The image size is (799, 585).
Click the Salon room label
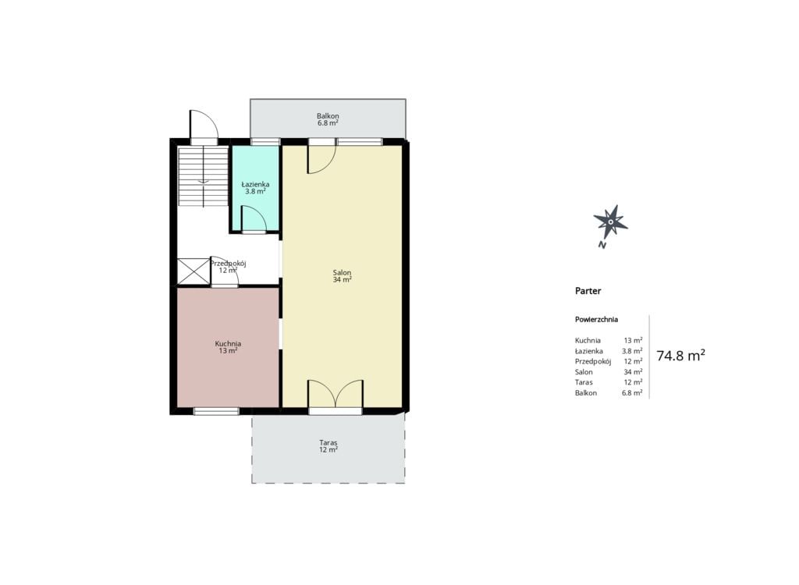(x=342, y=273)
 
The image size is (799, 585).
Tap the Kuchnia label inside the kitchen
(x=228, y=344)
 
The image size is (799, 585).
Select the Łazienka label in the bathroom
(x=255, y=184)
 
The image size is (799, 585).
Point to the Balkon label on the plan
(x=328, y=116)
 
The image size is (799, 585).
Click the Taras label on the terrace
(x=328, y=443)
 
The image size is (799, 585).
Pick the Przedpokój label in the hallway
(x=229, y=264)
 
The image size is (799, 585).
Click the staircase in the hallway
(x=203, y=176)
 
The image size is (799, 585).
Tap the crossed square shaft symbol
(x=194, y=271)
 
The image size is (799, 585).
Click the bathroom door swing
(x=254, y=218)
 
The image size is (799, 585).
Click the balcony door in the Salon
(x=321, y=159)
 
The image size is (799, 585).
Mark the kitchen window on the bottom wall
(x=217, y=411)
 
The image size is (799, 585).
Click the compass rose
(x=610, y=223)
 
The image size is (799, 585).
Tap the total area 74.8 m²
(x=680, y=355)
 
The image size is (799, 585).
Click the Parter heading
(x=588, y=291)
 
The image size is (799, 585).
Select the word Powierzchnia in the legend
(x=596, y=320)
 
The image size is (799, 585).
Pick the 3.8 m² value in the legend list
(x=632, y=350)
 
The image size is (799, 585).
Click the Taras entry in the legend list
(x=584, y=382)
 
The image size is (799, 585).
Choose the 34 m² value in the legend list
(x=633, y=372)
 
